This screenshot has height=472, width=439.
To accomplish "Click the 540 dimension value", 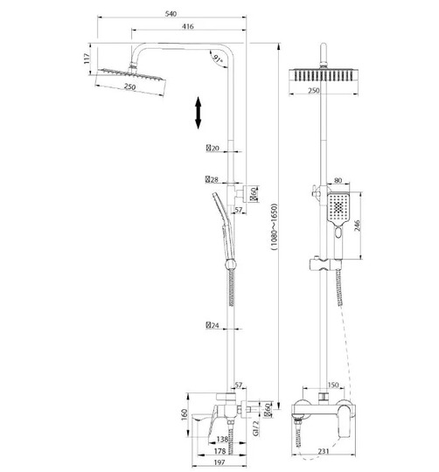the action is coord(171,14).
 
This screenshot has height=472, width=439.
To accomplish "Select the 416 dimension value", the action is coord(188,26).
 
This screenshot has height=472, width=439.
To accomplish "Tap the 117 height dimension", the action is coord(87,59).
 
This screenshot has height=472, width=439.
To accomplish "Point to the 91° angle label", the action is coord(218,59).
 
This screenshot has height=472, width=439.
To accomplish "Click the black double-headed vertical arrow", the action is coord(199,113).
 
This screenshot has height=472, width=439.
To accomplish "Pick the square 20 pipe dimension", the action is coord(213,148).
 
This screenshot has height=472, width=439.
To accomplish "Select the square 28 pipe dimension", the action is coord(212,180).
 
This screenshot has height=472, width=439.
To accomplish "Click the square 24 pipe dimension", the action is coord(213,325).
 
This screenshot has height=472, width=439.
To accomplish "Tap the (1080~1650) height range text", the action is coord(274,227).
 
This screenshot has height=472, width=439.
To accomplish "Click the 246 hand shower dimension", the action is coord(357,226).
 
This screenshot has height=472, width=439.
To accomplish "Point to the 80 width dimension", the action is coord(338,180).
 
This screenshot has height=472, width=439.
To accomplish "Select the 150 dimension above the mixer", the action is coord(333,385).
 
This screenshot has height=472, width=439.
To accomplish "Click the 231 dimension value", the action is coord(323,451).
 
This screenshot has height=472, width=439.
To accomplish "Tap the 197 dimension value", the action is coord(219,462).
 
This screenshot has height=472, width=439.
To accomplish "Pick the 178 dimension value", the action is coord(219,451).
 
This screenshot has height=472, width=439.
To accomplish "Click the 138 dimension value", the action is coord(222,440).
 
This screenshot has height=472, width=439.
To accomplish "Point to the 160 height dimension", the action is coord(185,415).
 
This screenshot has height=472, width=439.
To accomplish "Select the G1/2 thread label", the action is coord(255,428).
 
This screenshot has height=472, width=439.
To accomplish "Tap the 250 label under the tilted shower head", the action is coord(129,87).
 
